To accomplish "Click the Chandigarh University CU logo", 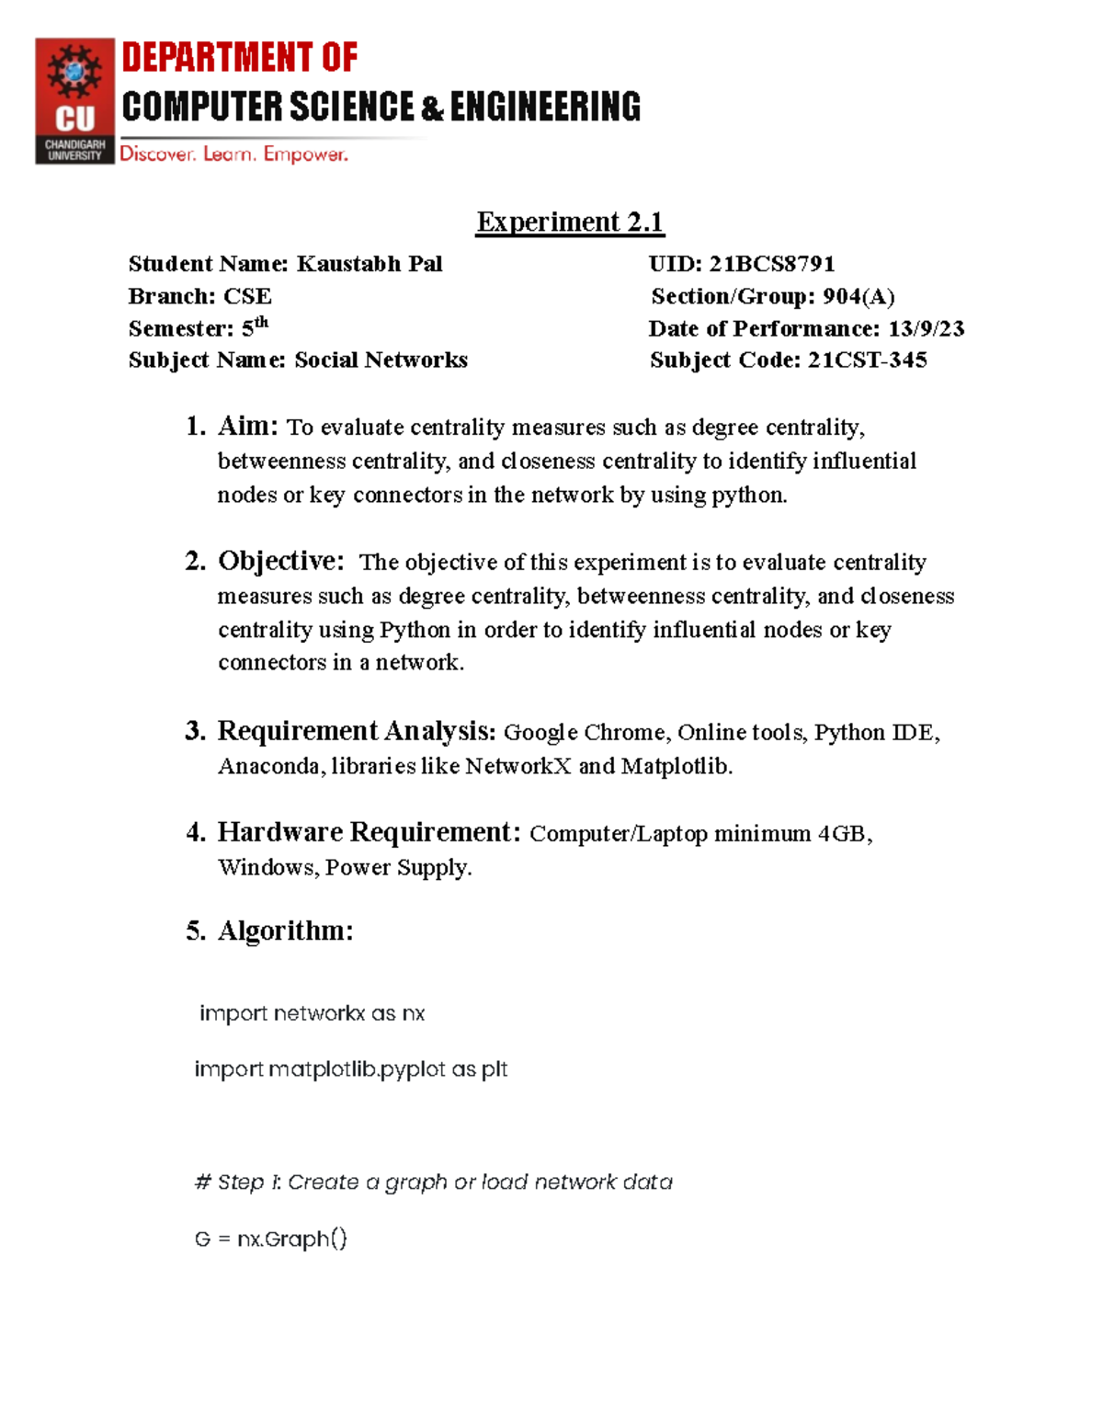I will click(74, 100).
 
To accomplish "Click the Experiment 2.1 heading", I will click(569, 222).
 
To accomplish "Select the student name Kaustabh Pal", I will click(369, 264).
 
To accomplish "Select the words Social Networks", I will click(381, 360).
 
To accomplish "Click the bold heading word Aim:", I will click(247, 426).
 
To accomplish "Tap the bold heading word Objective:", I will click(280, 561).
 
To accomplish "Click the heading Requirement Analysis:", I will click(356, 731).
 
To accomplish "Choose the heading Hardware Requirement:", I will click(369, 832).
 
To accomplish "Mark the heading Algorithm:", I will click(285, 931).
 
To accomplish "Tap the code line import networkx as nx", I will click(312, 1013).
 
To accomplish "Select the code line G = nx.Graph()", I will click(271, 1239).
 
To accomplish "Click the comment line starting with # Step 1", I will click(433, 1182).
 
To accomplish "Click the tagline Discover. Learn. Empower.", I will click(233, 154).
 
